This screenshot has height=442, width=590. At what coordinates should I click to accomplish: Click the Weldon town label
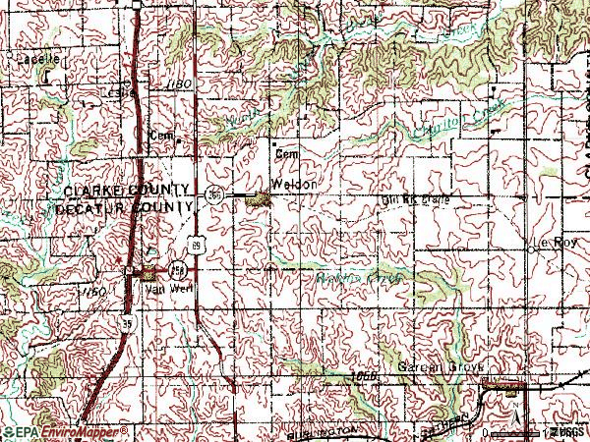[296, 185]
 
